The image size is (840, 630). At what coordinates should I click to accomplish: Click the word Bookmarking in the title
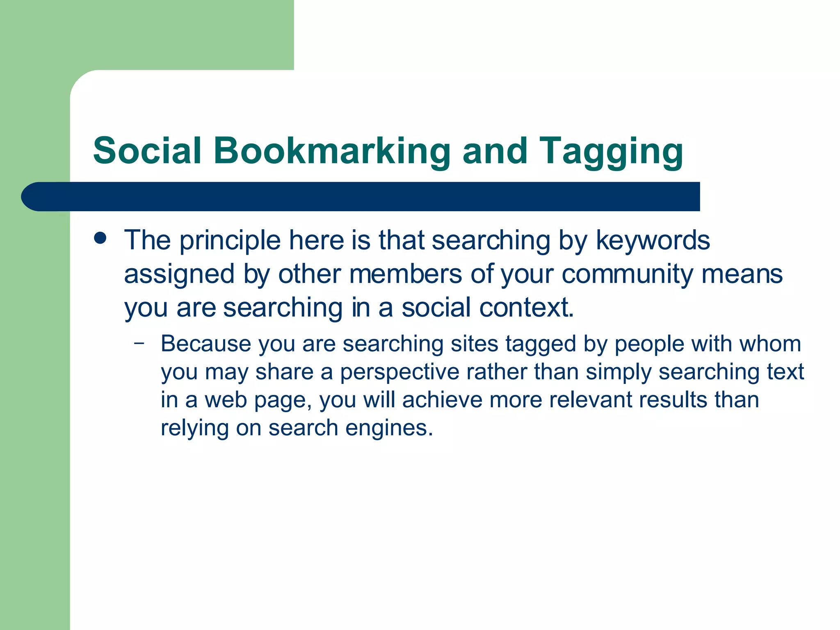tap(331, 151)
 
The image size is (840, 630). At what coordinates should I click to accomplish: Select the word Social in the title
tap(147, 151)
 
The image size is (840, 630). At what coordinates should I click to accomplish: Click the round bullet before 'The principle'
tap(100, 238)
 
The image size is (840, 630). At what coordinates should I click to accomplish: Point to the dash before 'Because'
tap(139, 343)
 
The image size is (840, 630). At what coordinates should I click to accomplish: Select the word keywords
tap(653, 241)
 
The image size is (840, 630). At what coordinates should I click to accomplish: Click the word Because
tap(205, 344)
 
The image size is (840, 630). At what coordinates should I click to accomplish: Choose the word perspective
tap(399, 372)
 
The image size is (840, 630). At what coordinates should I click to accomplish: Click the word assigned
tap(179, 275)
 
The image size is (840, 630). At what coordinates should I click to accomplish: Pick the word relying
tap(194, 429)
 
